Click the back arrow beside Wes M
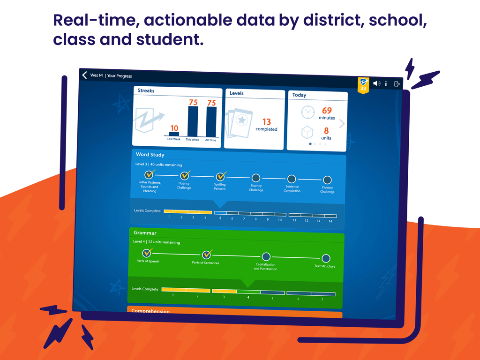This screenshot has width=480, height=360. (85, 75)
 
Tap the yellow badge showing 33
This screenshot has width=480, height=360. (363, 85)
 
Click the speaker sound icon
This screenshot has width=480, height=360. (376, 83)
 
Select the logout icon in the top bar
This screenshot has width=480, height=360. (397, 84)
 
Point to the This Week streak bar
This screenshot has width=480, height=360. (193, 121)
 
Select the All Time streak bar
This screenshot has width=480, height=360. (211, 121)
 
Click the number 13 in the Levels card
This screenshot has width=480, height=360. (266, 122)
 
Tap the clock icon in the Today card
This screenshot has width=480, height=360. (307, 112)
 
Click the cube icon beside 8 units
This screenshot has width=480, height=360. (307, 133)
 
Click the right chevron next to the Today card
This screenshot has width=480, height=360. (342, 124)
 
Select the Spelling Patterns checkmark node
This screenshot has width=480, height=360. (220, 177)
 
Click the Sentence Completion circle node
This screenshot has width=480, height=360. (292, 179)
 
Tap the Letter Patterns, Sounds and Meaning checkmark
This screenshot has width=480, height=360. (149, 174)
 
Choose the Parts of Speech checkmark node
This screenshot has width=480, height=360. (147, 254)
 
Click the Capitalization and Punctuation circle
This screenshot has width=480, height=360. (266, 256)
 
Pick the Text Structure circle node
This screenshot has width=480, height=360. (326, 258)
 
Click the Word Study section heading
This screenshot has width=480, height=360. (150, 154)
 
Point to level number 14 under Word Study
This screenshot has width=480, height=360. (330, 221)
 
